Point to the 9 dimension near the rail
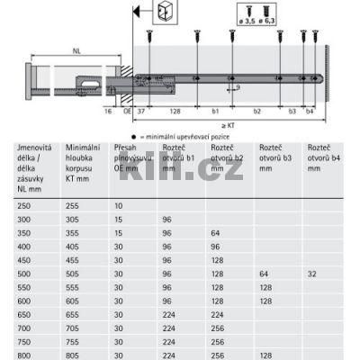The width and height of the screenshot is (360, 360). (238, 87)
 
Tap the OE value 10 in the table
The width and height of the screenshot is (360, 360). (119, 206)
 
